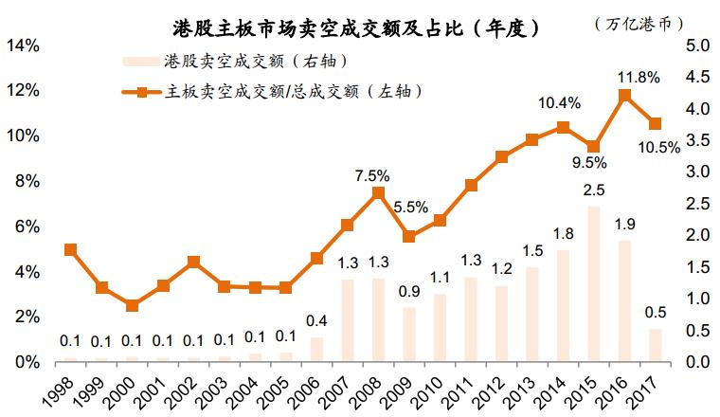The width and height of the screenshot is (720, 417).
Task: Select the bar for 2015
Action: (x=594, y=283)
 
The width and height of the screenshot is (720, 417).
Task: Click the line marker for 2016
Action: (x=624, y=95)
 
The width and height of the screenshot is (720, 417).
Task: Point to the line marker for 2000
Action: (x=132, y=305)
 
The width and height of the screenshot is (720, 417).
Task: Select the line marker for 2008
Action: (x=378, y=192)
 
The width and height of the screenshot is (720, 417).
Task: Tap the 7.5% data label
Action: (x=372, y=174)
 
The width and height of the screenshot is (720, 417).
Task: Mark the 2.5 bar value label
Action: (x=594, y=190)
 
